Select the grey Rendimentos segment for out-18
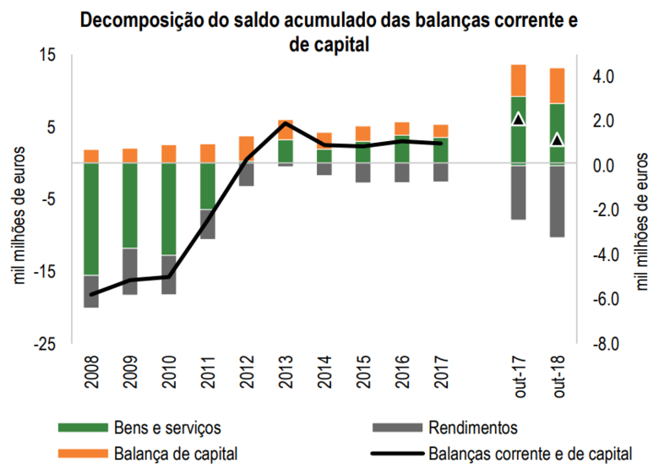tap(557, 200)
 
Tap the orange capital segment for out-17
tap(519, 80)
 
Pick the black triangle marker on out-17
tap(519, 119)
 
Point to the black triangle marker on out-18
tap(557, 139)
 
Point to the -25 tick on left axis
tap(45, 344)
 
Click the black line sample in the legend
tap(396, 454)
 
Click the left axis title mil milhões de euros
tap(19, 216)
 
